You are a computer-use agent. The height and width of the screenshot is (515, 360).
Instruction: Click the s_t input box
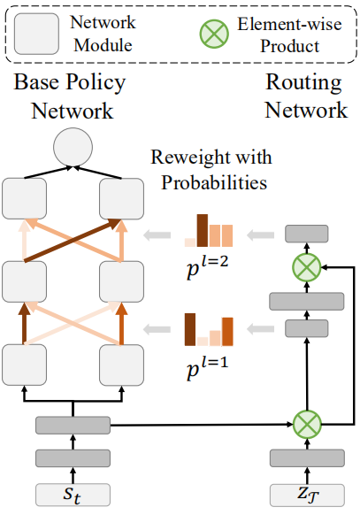click(73, 495)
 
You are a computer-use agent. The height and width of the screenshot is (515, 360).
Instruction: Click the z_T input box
click(307, 495)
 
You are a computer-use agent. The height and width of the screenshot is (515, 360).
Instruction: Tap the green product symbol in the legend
click(214, 34)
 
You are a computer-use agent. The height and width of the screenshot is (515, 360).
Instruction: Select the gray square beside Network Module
click(36, 34)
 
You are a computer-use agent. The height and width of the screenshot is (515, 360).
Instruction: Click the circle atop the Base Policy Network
click(73, 147)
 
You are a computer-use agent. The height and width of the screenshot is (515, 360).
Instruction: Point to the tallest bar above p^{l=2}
click(203, 230)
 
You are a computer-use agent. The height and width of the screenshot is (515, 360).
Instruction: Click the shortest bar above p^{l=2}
click(190, 242)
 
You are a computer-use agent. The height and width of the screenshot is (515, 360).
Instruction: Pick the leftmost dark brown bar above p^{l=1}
click(190, 329)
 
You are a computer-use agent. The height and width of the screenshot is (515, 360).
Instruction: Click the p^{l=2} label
click(207, 268)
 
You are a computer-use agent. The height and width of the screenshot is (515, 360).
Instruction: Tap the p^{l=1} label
click(207, 368)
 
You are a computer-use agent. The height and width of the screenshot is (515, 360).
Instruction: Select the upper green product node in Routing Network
click(307, 267)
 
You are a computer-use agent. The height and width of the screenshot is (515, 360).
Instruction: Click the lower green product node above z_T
click(307, 425)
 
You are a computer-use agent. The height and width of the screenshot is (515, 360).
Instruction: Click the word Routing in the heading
click(303, 82)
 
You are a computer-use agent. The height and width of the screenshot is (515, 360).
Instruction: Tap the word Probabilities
click(214, 182)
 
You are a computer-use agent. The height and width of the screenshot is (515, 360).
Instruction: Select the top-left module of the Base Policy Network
click(24, 199)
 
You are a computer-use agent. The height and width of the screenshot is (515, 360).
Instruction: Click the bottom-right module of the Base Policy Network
click(121, 365)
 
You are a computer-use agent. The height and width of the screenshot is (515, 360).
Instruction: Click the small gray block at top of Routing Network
click(307, 234)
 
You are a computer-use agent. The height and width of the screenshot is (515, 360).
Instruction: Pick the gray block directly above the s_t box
click(73, 457)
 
